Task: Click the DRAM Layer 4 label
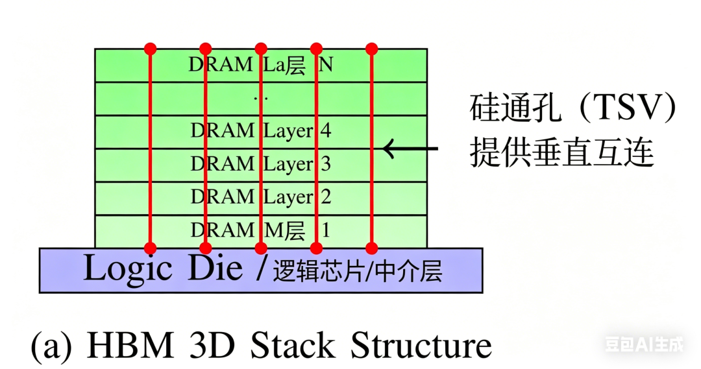tap(261, 131)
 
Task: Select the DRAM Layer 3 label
tap(261, 165)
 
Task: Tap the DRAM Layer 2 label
tap(261, 197)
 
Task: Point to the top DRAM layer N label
tap(261, 65)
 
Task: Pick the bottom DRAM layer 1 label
tap(261, 230)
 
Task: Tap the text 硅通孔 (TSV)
tap(573, 110)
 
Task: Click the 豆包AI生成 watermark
tap(644, 344)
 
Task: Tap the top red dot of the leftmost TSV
tap(151, 48)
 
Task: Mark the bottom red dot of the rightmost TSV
tap(372, 248)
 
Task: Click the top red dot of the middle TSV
tap(261, 48)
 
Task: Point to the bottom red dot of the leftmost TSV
tap(151, 248)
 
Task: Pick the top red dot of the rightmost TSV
tap(372, 48)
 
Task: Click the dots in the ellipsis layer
tap(261, 99)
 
